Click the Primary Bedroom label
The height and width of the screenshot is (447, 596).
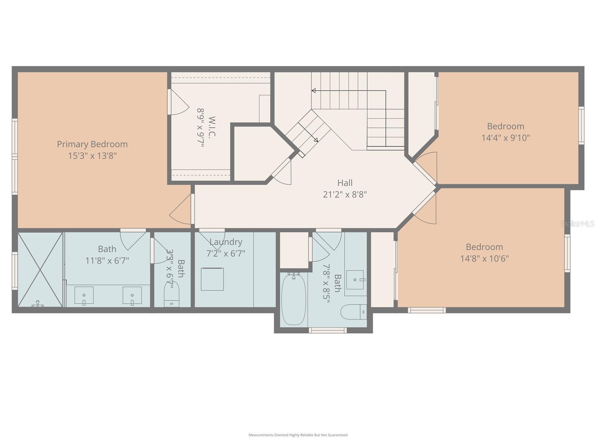pyautogui.click(x=92, y=144)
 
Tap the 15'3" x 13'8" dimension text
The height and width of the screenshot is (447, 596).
pyautogui.click(x=92, y=156)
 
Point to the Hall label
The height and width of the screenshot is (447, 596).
pyautogui.click(x=345, y=183)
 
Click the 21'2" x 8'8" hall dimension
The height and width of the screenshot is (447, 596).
pyautogui.click(x=345, y=194)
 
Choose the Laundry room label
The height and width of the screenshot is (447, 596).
pyautogui.click(x=226, y=242)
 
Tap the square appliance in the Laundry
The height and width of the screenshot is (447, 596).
pyautogui.click(x=212, y=279)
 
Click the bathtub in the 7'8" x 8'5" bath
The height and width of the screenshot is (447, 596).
pyautogui.click(x=294, y=299)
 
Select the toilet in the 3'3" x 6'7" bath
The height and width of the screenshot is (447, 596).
pyautogui.click(x=172, y=294)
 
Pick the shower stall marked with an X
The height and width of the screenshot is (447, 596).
pyautogui.click(x=40, y=270)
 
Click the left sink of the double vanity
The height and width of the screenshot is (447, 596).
pyautogui.click(x=84, y=295)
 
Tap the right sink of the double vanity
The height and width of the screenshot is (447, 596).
pyautogui.click(x=132, y=295)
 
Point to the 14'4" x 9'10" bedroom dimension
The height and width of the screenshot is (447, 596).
pyautogui.click(x=505, y=138)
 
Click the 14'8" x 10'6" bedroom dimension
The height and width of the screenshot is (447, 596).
pyautogui.click(x=484, y=259)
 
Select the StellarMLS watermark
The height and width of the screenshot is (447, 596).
pyautogui.click(x=578, y=224)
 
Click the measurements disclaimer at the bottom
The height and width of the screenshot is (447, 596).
pyautogui.click(x=298, y=435)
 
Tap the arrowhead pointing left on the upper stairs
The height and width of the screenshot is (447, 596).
pyautogui.click(x=314, y=91)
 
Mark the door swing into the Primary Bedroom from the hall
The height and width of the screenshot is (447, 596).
pyautogui.click(x=181, y=212)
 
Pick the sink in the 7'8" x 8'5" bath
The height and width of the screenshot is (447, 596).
pyautogui.click(x=355, y=280)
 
